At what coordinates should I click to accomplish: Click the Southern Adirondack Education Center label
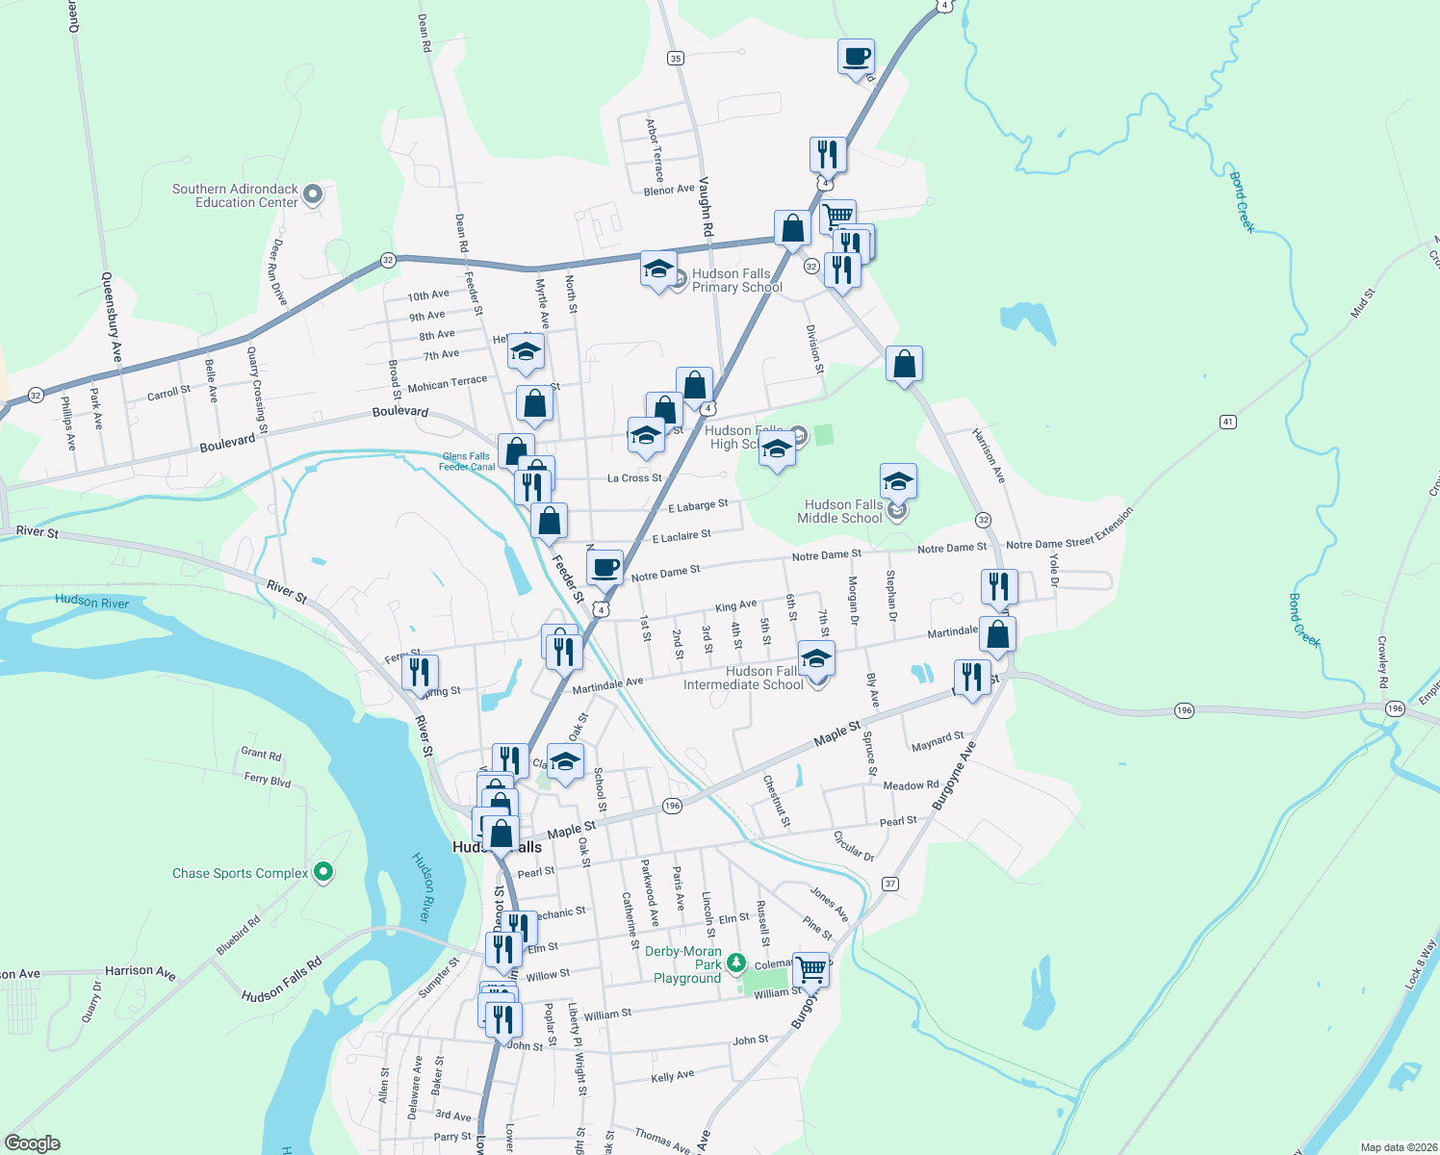point(235,195)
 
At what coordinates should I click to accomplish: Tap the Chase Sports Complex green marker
point(323,872)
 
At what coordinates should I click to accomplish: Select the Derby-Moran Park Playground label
point(685,964)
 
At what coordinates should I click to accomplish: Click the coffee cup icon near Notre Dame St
point(604,568)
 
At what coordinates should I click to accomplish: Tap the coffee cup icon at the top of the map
point(856,57)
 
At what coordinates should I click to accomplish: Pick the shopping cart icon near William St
point(811,968)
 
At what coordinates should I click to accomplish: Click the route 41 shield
point(1227,422)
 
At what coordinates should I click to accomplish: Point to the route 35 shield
point(676,58)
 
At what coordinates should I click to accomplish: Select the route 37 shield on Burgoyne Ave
point(889,884)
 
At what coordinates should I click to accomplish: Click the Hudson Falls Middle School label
point(841,511)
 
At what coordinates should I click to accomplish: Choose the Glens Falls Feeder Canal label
point(467,462)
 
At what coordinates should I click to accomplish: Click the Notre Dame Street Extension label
point(1070,529)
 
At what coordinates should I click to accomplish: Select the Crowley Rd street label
point(1382,661)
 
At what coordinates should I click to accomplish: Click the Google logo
point(33,1143)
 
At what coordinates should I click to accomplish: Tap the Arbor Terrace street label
point(655,150)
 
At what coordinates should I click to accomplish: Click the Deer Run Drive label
point(278,272)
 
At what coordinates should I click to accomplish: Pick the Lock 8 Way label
point(1420,963)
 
